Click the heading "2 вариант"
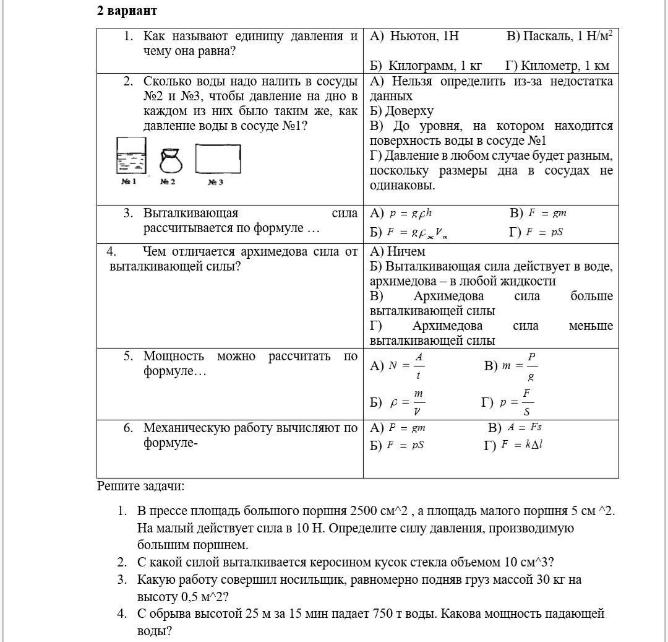pyautogui.click(x=127, y=11)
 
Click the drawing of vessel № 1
pyautogui.click(x=131, y=156)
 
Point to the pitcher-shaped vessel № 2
pyautogui.click(x=171, y=161)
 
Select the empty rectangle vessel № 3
pyautogui.click(x=218, y=159)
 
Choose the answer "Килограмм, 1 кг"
pyautogui.click(x=426, y=66)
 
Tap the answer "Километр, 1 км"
pyautogui.click(x=557, y=66)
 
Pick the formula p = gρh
pyautogui.click(x=411, y=214)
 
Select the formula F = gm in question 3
pyautogui.click(x=547, y=214)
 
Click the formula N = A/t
pyautogui.click(x=407, y=365)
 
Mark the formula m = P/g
pyautogui.click(x=519, y=365)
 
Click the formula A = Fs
pyautogui.click(x=525, y=427)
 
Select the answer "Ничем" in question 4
pyautogui.click(x=406, y=251)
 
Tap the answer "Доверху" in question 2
pyautogui.click(x=409, y=111)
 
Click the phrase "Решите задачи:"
pyautogui.click(x=140, y=486)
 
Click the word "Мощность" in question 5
pyautogui.click(x=174, y=356)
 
